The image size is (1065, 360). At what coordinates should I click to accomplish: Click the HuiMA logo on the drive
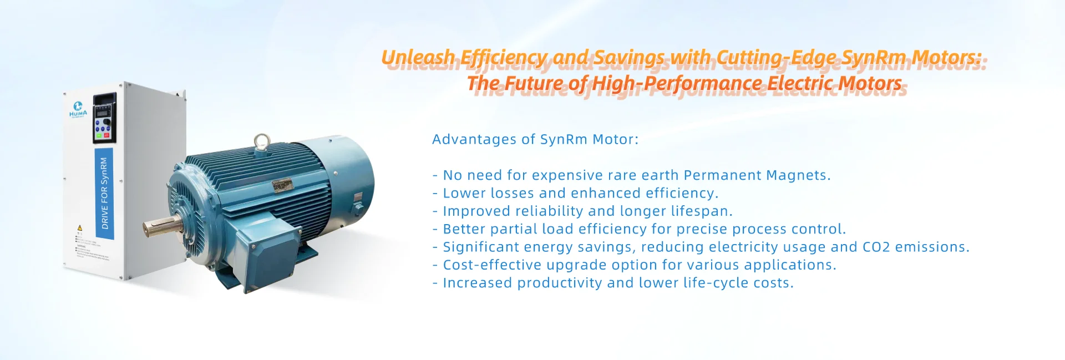click(x=78, y=109)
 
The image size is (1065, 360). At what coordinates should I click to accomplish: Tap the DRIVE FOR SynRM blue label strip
click(x=104, y=194)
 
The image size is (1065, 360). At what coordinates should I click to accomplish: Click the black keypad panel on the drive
click(x=104, y=118)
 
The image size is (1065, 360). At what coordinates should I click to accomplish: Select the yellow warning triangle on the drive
click(x=80, y=228)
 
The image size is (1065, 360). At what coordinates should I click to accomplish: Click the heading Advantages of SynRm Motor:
click(x=535, y=139)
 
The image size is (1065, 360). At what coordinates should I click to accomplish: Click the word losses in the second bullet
click(x=509, y=193)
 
